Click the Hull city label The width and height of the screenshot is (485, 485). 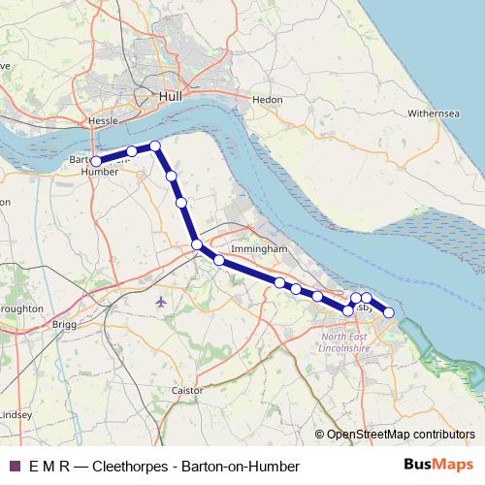click(x=169, y=97)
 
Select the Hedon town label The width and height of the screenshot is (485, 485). click(x=266, y=99)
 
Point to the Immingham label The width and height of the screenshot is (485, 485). click(x=261, y=249)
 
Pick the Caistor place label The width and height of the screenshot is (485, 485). click(x=186, y=390)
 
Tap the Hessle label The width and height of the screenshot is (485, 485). click(x=102, y=120)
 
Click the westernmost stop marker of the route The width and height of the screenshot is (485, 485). click(x=96, y=161)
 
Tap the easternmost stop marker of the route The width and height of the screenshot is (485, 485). click(x=389, y=312)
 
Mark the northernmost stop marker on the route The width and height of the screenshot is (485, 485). click(x=154, y=145)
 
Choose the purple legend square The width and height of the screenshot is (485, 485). click(x=14, y=466)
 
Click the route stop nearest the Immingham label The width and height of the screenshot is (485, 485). click(x=219, y=260)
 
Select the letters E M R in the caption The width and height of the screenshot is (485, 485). click(x=49, y=467)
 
